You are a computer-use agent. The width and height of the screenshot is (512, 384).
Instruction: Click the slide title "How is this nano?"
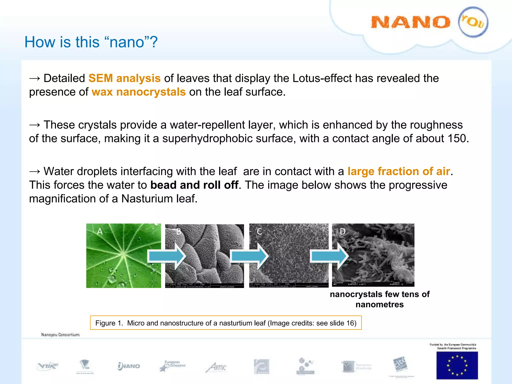(x=91, y=42)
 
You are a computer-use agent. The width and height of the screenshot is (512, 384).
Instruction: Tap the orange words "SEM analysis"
(x=124, y=78)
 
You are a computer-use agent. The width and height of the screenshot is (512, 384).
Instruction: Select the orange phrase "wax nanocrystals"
(x=138, y=92)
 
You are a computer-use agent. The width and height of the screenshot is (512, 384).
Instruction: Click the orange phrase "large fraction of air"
(x=399, y=171)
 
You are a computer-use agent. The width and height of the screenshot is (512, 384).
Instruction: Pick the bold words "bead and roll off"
(x=194, y=185)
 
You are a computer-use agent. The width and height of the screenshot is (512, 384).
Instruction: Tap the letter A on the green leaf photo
(x=100, y=231)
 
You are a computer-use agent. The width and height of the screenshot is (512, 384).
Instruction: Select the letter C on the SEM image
(x=259, y=231)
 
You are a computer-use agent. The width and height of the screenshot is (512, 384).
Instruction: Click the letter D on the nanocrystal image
(x=342, y=231)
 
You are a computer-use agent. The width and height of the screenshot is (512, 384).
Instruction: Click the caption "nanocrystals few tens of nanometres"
(x=379, y=299)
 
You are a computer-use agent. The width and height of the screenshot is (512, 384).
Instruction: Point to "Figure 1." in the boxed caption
(x=109, y=323)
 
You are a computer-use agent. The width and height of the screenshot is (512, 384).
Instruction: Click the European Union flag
(x=457, y=365)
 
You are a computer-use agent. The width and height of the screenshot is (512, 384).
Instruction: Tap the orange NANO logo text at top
(x=410, y=22)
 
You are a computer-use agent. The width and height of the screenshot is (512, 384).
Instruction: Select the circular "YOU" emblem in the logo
(x=473, y=22)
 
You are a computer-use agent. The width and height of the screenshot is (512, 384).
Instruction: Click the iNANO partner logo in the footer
(x=129, y=366)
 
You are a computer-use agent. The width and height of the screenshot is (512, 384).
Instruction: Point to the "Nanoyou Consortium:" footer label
(x=60, y=334)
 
